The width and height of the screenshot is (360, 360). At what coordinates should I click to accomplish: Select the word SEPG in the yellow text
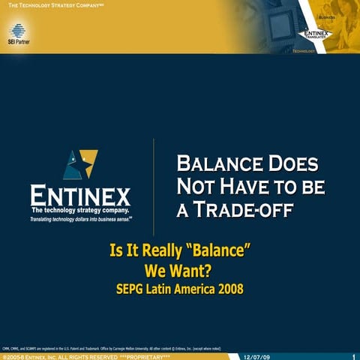click(133, 287)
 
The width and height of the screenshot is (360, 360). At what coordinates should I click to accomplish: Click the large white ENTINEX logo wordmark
click(80, 197)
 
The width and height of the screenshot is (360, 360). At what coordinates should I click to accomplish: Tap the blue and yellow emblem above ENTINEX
click(80, 164)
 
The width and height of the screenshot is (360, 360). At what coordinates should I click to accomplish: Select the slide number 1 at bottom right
click(353, 356)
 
